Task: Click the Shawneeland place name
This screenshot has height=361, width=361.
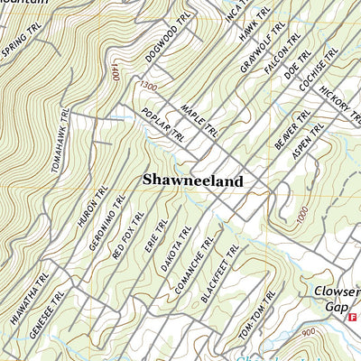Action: click(192, 181)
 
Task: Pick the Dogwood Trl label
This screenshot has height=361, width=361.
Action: click(168, 39)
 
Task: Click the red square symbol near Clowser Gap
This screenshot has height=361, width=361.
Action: click(353, 318)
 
